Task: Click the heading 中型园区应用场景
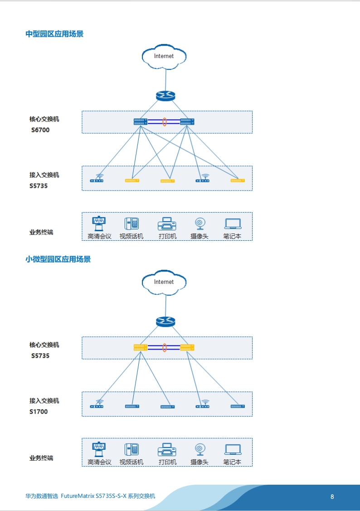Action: [x=54, y=34]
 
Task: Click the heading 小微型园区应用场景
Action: [x=58, y=259]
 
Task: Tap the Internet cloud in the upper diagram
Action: [x=164, y=57]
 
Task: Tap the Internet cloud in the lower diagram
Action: [x=164, y=282]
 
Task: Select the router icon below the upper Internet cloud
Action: [x=165, y=96]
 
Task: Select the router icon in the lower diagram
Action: [x=165, y=321]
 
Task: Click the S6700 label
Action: [x=40, y=130]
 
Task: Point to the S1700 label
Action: [x=39, y=412]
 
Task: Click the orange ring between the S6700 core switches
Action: [x=165, y=122]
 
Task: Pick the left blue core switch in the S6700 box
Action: [x=141, y=122]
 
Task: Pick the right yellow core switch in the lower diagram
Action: [x=187, y=348]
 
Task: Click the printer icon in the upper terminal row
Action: [x=167, y=224]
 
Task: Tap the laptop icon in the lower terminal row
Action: [x=233, y=450]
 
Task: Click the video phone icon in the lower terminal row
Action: [x=131, y=449]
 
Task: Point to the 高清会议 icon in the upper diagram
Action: [x=99, y=224]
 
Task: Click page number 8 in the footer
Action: [x=332, y=496]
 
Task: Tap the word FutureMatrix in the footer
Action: [x=78, y=496]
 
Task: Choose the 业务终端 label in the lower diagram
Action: [x=41, y=458]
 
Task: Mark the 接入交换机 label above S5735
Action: [x=44, y=175]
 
